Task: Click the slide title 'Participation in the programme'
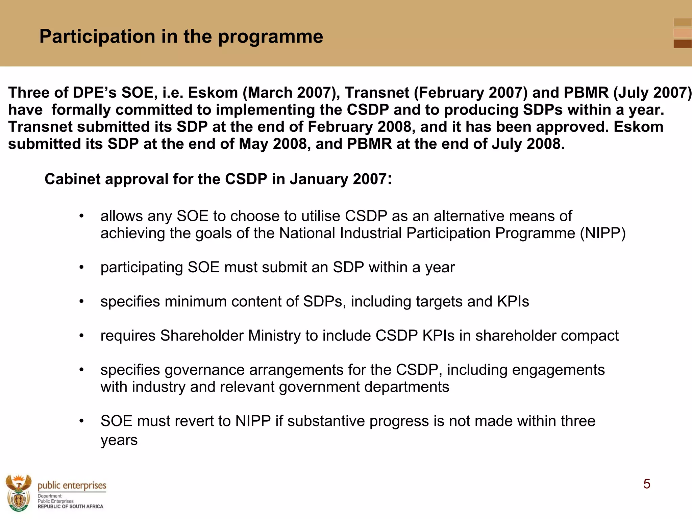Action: [181, 36]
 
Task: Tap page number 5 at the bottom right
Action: [646, 484]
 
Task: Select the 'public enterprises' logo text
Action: [72, 486]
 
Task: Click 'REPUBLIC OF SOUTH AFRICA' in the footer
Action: [70, 506]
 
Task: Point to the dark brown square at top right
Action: [682, 44]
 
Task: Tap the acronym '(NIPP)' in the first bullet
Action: [603, 233]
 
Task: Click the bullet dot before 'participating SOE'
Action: [81, 268]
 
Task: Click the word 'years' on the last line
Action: [119, 440]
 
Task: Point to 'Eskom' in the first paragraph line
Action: [213, 93]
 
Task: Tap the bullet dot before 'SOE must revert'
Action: [81, 421]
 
